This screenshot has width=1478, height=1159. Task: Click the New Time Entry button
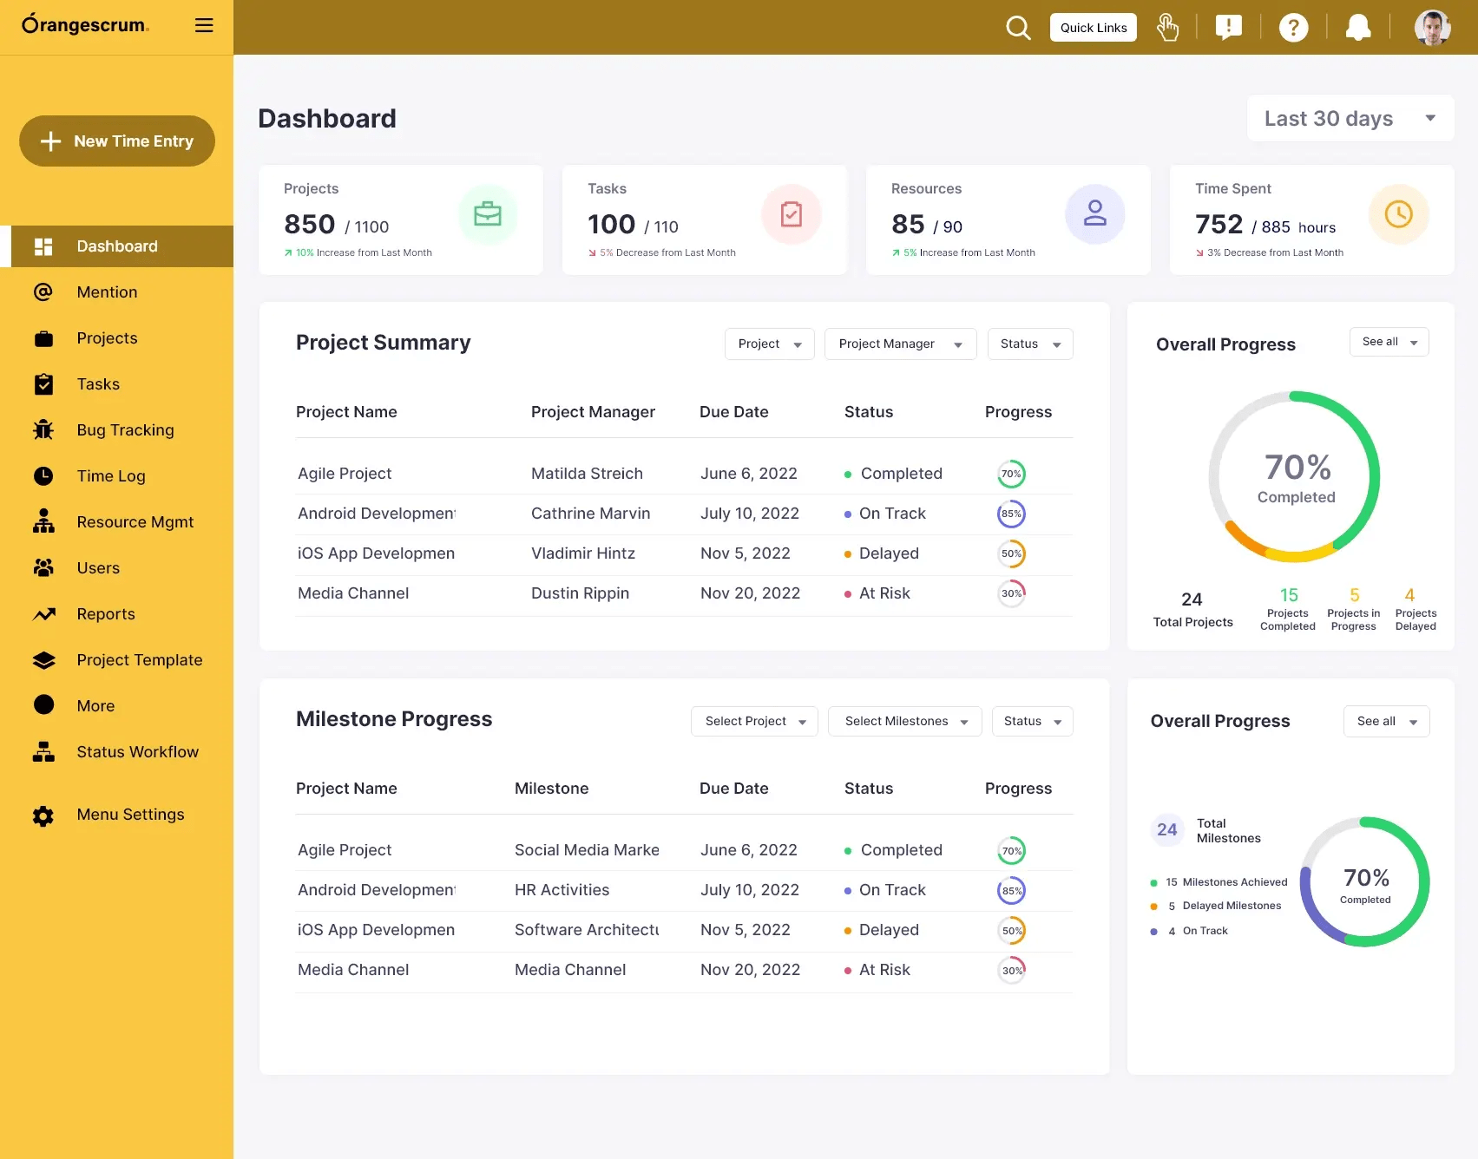[117, 141]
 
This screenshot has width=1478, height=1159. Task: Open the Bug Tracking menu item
[125, 430]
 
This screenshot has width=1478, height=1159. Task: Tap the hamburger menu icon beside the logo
[204, 25]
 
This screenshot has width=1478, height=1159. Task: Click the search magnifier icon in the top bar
[1018, 28]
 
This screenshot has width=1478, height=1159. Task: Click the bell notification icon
[1357, 28]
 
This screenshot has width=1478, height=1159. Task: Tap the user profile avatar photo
[1432, 28]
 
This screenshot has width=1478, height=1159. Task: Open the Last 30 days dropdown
[1350, 119]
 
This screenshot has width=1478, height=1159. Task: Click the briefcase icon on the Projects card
[488, 214]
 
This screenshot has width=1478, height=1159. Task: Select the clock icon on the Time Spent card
[1398, 214]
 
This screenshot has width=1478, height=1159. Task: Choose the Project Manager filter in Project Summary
[900, 344]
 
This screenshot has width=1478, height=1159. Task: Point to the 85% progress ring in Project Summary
[1011, 514]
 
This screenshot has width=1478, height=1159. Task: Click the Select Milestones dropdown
[904, 721]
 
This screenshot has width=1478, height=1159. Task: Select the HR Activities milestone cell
[562, 890]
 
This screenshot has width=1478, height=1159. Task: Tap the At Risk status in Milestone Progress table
[884, 970]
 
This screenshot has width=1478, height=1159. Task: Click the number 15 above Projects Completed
[1289, 595]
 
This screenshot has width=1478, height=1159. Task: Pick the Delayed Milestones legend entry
[1231, 906]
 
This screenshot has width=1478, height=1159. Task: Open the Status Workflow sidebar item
[137, 752]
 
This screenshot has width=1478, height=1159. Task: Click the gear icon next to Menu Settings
[43, 815]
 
